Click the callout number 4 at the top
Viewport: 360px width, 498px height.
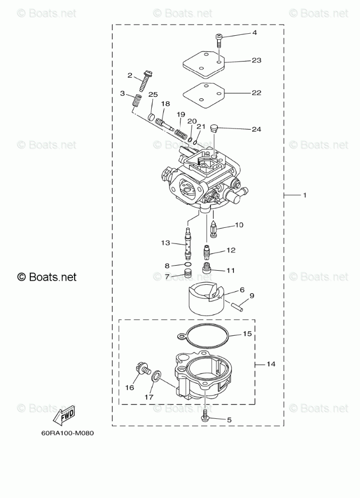pyautogui.click(x=255, y=33)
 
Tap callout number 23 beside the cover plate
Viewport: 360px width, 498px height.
pyautogui.click(x=257, y=60)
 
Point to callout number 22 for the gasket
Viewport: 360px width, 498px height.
pyautogui.click(x=257, y=93)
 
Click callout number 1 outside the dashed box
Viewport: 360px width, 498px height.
pyautogui.click(x=305, y=195)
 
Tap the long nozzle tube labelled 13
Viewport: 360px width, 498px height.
pyautogui.click(x=188, y=243)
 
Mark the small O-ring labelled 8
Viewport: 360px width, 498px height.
pyautogui.click(x=187, y=265)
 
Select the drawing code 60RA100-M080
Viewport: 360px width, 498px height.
pyautogui.click(x=68, y=433)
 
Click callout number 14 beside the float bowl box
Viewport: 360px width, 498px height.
pyautogui.click(x=271, y=364)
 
